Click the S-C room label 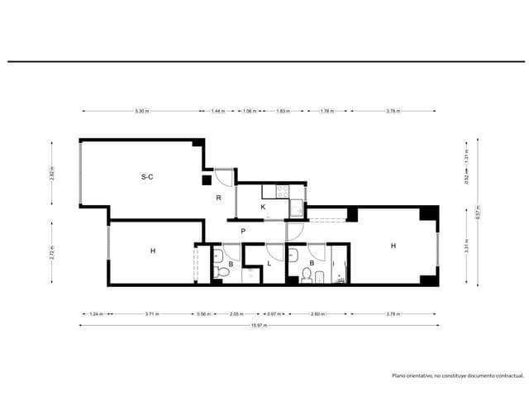point(147,176)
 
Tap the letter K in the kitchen point(263,207)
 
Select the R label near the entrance point(218,198)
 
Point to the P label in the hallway point(243,231)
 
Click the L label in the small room point(269,264)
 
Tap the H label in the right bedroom point(393,246)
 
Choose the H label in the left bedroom point(153,251)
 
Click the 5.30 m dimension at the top point(141,111)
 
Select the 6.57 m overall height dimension point(478,210)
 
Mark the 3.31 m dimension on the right point(467,246)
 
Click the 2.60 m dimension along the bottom point(317,314)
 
